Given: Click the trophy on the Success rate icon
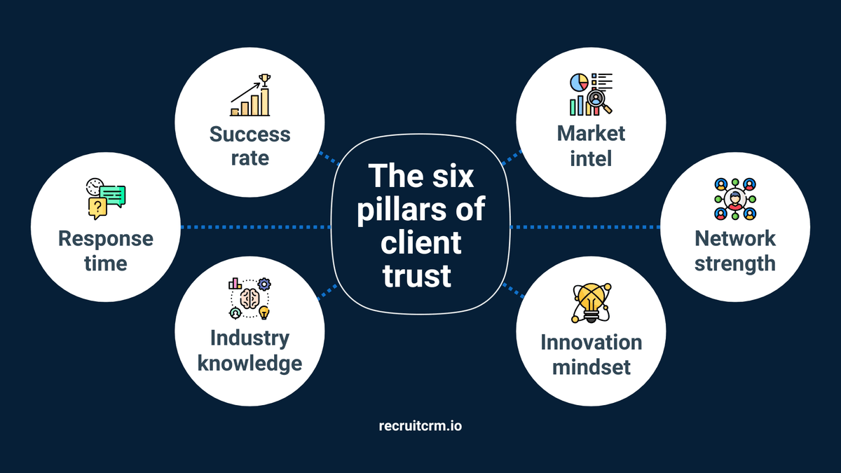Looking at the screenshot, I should [264, 79].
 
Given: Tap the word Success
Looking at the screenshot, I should [249, 133].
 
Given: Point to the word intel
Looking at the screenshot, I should [591, 158].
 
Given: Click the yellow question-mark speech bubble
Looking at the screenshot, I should [97, 207].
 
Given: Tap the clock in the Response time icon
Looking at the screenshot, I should [93, 187].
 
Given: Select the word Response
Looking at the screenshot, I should [105, 238].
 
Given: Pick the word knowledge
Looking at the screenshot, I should [249, 363].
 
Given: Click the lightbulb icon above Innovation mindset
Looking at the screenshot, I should [591, 303].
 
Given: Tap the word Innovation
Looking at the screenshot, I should [591, 342].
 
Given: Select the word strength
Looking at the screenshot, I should [735, 263].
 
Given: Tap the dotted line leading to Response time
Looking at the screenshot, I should [255, 227].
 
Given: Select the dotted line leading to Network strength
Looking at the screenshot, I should [584, 227].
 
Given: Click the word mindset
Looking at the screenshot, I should [591, 366].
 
